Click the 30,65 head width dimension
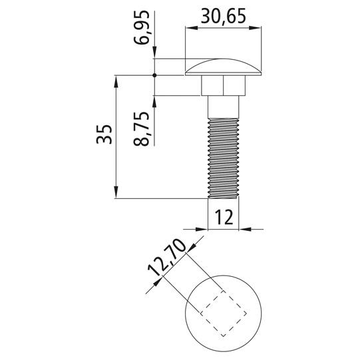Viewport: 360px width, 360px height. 224,16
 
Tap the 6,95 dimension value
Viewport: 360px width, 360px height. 142,27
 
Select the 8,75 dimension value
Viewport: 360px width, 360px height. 142,129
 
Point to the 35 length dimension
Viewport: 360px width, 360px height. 104,134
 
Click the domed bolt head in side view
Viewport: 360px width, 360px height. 224,67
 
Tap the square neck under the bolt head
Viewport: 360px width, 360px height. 224,86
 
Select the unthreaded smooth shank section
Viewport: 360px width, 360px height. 224,106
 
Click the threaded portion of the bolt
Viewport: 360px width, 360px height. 224,158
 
